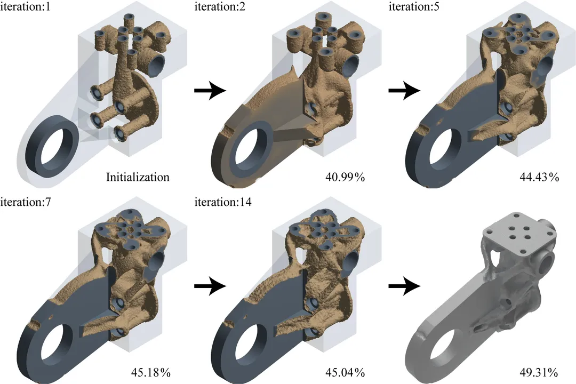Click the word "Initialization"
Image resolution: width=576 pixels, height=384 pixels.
tap(138, 177)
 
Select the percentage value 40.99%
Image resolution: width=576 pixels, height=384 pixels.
tap(345, 177)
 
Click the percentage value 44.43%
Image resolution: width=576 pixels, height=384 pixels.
tap(539, 177)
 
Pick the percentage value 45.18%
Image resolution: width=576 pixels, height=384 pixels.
tap(150, 372)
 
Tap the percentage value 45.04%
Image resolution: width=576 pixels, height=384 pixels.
tap(345, 372)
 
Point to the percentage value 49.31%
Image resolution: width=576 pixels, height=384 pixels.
tap(539, 372)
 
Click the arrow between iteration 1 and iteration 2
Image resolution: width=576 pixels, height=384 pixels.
tap(210, 91)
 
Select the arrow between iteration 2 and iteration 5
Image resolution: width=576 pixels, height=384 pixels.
tap(404, 91)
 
